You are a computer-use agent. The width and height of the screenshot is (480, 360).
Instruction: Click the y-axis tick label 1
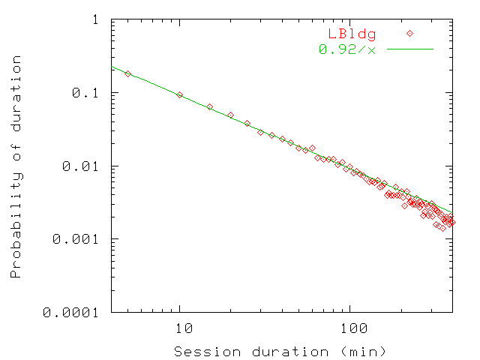tap(95, 20)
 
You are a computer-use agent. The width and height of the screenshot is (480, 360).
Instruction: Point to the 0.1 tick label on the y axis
tap(88, 93)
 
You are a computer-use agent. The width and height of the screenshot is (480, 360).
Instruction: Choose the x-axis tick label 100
tap(350, 328)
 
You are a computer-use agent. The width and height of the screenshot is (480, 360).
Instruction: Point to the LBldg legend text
tap(351, 34)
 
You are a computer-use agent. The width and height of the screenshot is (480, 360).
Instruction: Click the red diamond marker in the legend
tap(410, 34)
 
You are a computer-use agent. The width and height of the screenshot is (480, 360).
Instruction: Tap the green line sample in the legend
tap(410, 49)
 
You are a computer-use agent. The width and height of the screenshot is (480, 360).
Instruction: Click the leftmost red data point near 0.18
tap(128, 73)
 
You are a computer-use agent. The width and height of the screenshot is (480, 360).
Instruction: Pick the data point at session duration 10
tap(179, 95)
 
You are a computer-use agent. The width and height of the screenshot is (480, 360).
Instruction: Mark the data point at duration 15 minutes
tap(209, 107)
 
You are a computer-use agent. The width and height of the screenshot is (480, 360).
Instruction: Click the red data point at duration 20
tap(230, 115)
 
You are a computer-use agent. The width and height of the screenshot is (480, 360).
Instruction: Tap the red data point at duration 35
tap(271, 135)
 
